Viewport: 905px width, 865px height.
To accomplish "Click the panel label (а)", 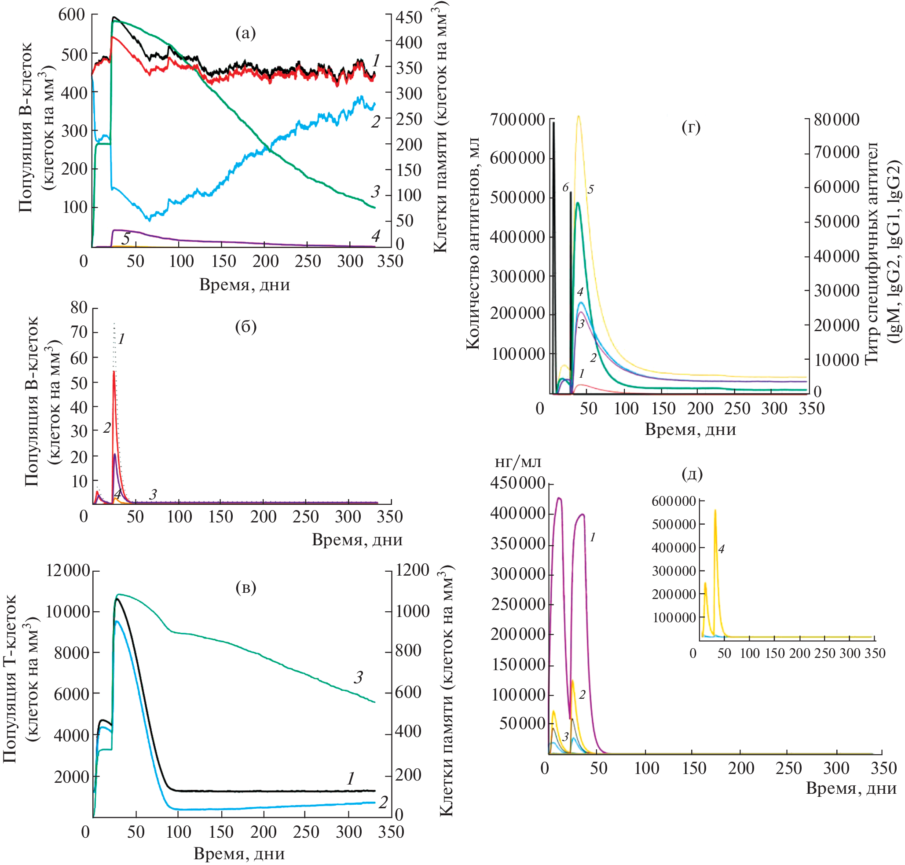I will coord(245,33).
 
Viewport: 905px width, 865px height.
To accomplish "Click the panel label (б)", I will coord(245,326).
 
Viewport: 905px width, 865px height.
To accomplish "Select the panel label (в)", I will coord(245,588).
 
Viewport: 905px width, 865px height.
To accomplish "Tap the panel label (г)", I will coord(690,127).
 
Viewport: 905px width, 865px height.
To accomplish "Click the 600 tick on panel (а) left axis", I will coord(72,15).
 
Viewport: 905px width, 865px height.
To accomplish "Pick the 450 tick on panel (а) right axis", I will coord(409,18).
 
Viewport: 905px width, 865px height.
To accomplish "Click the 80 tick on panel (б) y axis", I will coord(79,307).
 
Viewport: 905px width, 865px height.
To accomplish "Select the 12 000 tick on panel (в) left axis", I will coord(68,571).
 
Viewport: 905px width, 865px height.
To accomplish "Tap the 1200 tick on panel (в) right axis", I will coord(412,570).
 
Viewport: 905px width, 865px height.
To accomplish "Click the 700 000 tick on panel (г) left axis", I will coord(517,120).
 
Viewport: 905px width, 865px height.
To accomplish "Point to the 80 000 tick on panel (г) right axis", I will coord(836,120).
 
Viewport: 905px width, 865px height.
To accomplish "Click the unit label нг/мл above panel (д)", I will coord(517,462).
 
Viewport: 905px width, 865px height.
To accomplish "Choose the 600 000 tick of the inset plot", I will coord(674,501).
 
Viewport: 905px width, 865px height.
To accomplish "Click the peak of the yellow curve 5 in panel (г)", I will coord(578,116).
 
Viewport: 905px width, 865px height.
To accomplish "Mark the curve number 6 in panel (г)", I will coord(565,187).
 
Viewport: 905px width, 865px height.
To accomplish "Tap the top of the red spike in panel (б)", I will coord(114,372).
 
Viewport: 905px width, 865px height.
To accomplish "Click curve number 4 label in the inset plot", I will coord(722,549).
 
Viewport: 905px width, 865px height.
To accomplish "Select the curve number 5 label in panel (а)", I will coord(125,238).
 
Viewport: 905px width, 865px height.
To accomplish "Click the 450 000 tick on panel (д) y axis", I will coord(517,483).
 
